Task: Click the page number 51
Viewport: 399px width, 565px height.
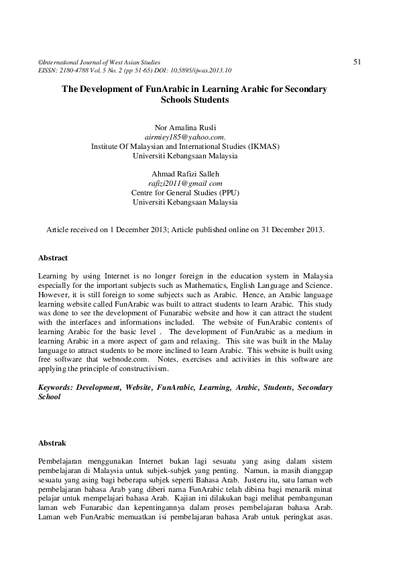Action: (x=357, y=62)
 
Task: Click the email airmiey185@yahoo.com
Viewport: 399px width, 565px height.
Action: (x=185, y=136)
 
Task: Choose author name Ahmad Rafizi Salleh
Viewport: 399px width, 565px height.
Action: (x=185, y=173)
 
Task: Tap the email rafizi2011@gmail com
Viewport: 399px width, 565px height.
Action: (x=185, y=183)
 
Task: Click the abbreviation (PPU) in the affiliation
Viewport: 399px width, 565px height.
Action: (x=226, y=192)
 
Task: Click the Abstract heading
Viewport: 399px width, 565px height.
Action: (x=53, y=258)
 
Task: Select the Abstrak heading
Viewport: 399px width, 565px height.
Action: (x=52, y=443)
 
